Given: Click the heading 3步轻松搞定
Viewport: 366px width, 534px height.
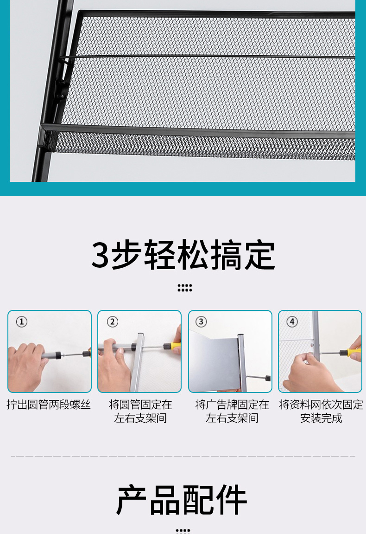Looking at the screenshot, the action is [x=183, y=255].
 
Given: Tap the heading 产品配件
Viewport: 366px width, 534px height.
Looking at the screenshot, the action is [x=182, y=500].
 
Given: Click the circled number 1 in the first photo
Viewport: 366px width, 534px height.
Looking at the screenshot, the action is [x=22, y=322].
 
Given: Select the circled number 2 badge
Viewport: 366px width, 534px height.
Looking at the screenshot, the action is [x=113, y=322].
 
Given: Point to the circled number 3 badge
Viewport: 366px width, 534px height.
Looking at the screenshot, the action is [x=201, y=322].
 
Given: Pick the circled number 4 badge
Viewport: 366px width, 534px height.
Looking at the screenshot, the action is [x=292, y=322].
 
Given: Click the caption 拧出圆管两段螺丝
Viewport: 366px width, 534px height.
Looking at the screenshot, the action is [x=49, y=405].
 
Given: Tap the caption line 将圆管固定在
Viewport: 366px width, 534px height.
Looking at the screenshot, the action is [x=140, y=405].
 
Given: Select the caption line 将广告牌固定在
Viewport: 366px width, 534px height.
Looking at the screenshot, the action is [x=232, y=405].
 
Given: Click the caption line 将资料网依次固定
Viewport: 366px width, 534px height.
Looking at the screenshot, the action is [x=321, y=405].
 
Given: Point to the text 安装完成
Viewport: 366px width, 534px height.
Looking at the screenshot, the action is [x=321, y=418].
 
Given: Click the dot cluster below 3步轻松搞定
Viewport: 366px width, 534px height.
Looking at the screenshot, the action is [x=185, y=288].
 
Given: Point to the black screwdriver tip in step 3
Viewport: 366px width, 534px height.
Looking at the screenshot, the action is [x=259, y=377].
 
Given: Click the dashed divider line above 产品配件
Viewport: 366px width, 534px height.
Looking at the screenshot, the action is [x=183, y=456].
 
